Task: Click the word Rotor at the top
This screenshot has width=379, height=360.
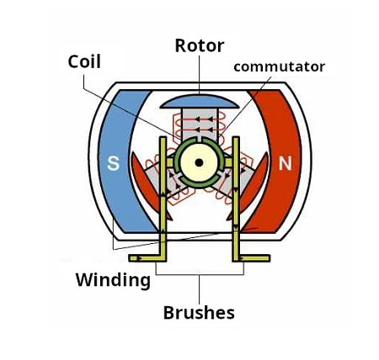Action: [x=200, y=45]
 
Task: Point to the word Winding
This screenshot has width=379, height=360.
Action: [x=112, y=278]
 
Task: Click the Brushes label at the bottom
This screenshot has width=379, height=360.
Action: [x=199, y=313]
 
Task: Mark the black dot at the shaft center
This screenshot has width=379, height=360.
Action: [x=200, y=162]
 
